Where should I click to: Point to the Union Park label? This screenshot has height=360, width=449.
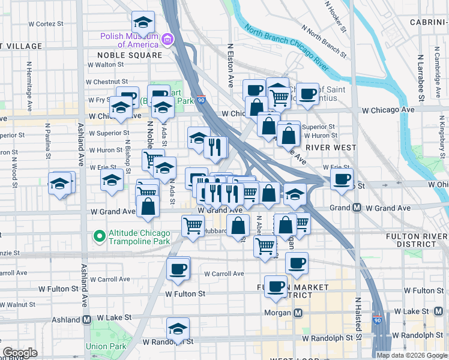point(106,346)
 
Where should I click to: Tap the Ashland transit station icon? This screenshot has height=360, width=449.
point(87,320)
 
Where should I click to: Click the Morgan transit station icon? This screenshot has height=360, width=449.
point(299,313)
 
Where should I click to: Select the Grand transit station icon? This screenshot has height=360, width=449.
point(357,208)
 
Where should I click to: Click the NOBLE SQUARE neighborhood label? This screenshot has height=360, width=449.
point(130,55)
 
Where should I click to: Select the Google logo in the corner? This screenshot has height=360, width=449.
point(20,353)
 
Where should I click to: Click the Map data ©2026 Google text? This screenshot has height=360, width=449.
point(411,355)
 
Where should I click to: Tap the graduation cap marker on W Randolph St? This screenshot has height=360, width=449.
point(178,329)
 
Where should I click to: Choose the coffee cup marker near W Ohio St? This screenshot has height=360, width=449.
point(342,179)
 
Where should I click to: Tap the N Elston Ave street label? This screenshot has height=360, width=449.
point(230,65)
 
